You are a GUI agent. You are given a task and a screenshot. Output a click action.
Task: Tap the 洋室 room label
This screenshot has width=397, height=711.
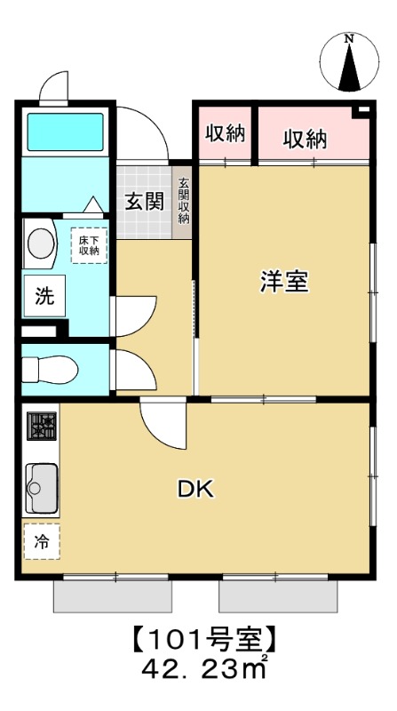(x=284, y=282)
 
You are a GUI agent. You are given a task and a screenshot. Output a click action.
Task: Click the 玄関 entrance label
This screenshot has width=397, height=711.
(x=143, y=201)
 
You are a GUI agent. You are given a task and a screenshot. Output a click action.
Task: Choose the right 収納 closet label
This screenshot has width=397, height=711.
(x=305, y=139)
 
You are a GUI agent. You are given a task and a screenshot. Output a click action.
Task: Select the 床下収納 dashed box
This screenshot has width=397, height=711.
(x=89, y=244)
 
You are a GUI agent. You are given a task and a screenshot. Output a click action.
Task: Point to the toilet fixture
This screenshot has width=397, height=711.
(x=49, y=368)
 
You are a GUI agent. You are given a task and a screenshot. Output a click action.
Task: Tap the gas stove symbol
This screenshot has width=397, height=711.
(x=41, y=427)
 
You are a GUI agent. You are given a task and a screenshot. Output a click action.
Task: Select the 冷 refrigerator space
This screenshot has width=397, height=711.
(x=41, y=539)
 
